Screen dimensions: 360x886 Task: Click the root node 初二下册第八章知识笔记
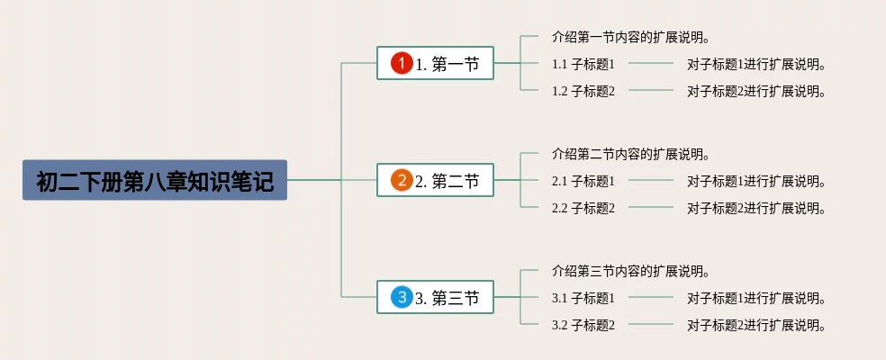click(x=154, y=180)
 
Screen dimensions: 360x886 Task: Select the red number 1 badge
click(x=402, y=63)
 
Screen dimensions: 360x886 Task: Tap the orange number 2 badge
click(x=402, y=180)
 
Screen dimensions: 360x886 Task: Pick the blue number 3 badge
click(x=402, y=297)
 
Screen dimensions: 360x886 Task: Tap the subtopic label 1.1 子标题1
click(x=583, y=64)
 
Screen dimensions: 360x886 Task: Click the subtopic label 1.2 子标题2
click(x=583, y=91)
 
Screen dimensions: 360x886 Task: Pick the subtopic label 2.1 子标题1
click(x=583, y=181)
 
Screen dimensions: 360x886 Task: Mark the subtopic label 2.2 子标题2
click(x=583, y=208)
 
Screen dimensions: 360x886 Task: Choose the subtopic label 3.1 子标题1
click(x=583, y=298)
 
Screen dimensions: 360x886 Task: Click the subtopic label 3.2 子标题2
click(x=583, y=325)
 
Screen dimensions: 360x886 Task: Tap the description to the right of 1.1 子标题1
click(x=756, y=64)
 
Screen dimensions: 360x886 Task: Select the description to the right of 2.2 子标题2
click(x=756, y=208)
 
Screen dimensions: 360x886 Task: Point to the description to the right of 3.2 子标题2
click(x=756, y=325)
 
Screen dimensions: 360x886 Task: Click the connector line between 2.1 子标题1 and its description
click(x=650, y=181)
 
